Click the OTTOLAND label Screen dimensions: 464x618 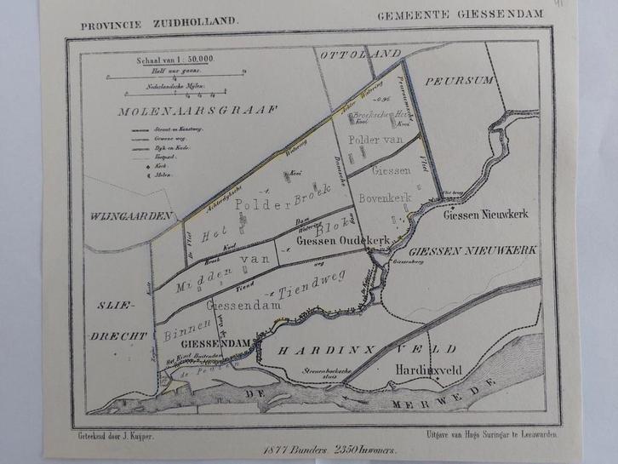point(360,54)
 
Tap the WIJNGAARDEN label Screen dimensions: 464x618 point(129,217)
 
